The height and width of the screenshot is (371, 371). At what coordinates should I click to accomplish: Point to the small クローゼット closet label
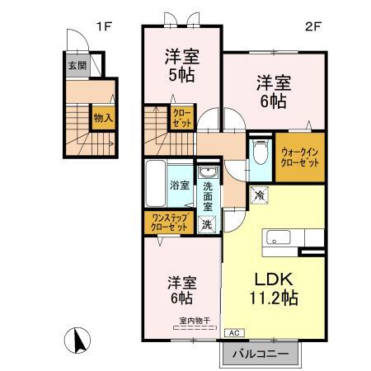[181, 116]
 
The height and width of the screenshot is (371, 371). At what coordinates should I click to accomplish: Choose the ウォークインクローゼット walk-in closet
[298, 157]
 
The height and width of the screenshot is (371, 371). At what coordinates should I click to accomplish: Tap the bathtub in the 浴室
[157, 185]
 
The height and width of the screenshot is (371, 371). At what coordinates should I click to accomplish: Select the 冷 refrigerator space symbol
[259, 195]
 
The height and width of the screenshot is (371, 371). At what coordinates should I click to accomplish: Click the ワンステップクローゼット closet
[170, 222]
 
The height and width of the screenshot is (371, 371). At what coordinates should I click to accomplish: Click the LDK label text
[269, 278]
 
